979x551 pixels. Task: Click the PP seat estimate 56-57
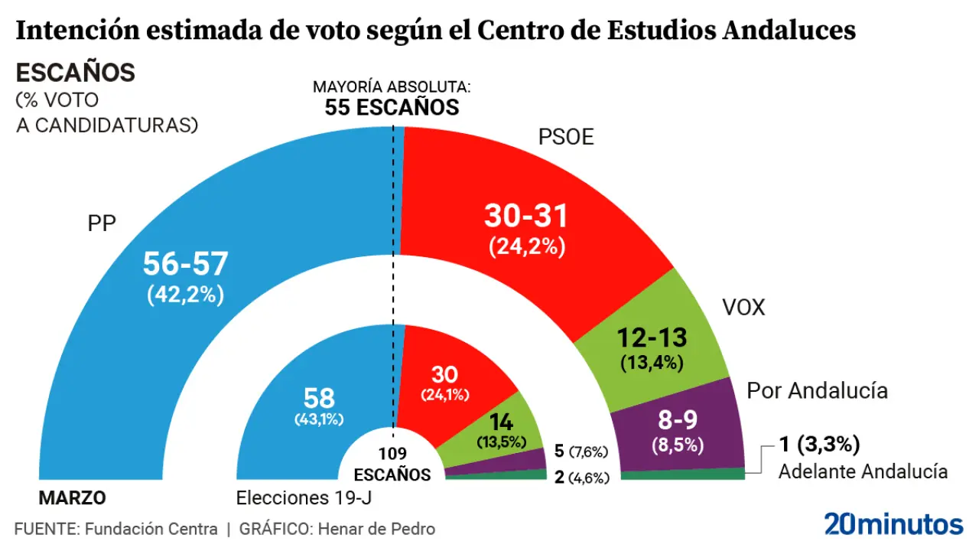(185, 265)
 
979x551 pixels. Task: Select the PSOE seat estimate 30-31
(526, 217)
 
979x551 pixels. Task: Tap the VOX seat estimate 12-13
(652, 337)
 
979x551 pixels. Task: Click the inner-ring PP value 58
(320, 398)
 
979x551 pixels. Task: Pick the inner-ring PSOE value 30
(444, 375)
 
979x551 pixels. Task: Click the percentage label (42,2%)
(185, 295)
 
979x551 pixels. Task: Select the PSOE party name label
(566, 138)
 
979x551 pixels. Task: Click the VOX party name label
(743, 308)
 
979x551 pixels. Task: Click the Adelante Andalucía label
(863, 471)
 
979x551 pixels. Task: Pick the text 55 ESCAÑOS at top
(392, 107)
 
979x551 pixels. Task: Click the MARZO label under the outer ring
(72, 498)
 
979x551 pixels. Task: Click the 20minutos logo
(893, 524)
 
